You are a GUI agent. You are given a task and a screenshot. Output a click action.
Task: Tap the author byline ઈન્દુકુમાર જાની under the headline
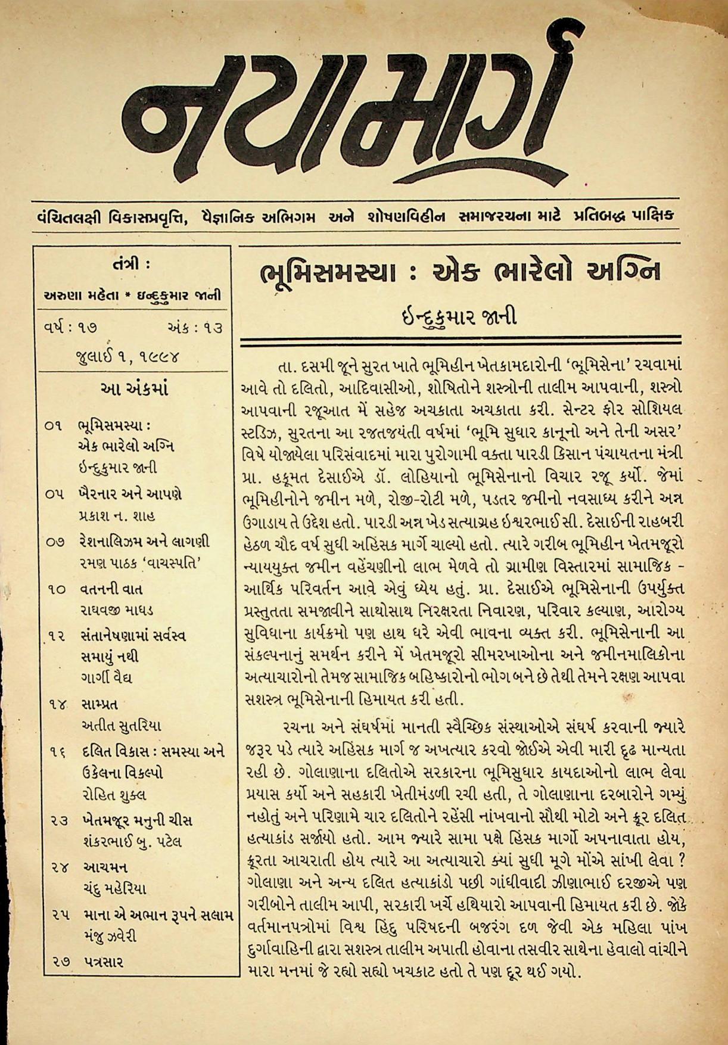click(x=458, y=315)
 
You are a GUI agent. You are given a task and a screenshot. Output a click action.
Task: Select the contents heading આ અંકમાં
click(x=135, y=390)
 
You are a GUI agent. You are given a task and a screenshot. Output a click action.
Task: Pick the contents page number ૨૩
click(x=58, y=820)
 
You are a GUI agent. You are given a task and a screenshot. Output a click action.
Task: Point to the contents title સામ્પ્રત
click(x=99, y=704)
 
